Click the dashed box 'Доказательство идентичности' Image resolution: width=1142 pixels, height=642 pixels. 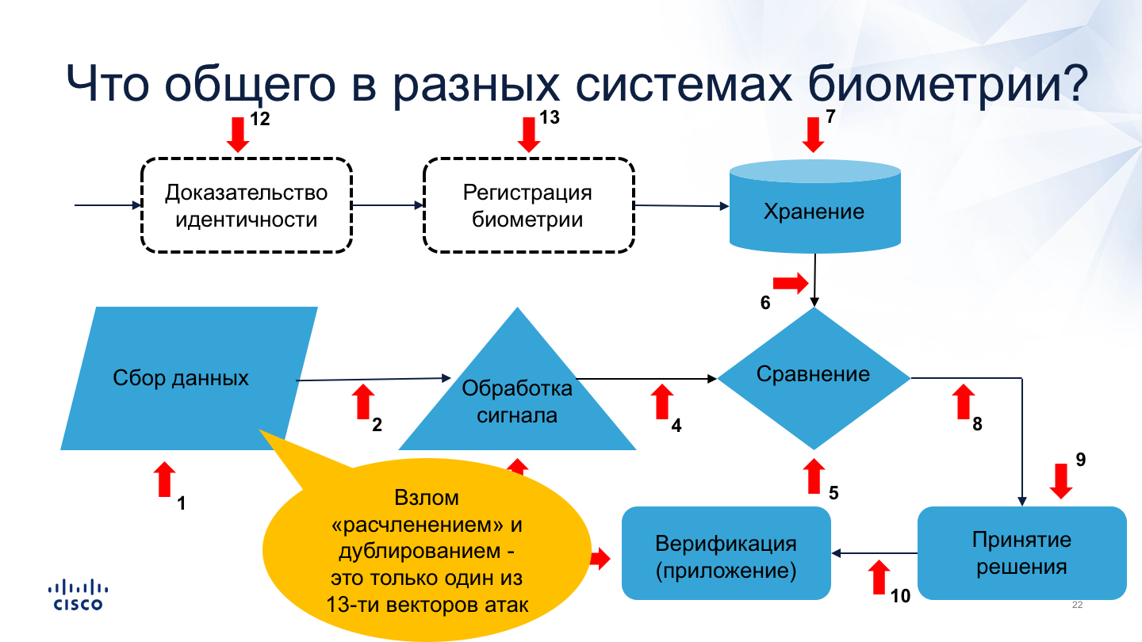pos(246,205)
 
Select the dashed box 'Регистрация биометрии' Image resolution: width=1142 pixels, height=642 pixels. pos(528,205)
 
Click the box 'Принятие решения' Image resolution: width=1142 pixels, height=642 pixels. pos(1021,553)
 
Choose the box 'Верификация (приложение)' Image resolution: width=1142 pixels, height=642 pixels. pos(726,556)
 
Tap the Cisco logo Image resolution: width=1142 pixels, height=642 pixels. pos(78,595)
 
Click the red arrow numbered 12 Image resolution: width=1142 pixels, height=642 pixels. pos(237,134)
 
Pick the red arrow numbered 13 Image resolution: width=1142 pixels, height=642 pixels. pos(528,134)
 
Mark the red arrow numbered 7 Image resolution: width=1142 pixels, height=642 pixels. pos(813,134)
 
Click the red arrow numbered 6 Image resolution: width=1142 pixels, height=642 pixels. pos(790,283)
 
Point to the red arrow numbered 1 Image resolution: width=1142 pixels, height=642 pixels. pos(164,480)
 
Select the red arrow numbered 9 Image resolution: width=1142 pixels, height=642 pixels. pos(1061,480)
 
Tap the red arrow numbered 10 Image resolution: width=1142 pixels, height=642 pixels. pos(878,577)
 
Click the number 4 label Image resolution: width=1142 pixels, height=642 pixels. pos(676,426)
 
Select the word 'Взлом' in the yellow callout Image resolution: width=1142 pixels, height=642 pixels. pos(427,499)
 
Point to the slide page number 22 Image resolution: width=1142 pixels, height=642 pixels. pos(1077,606)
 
